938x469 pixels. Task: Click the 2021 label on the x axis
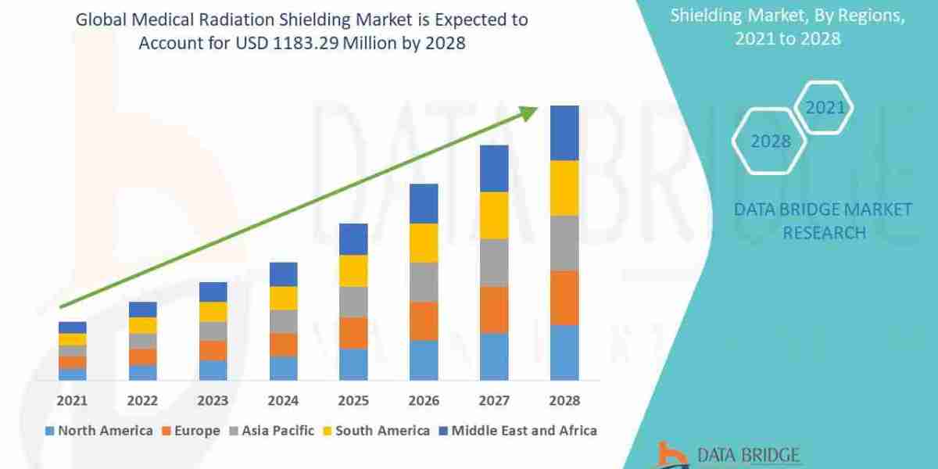(x=72, y=400)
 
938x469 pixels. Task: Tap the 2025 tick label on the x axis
(x=353, y=400)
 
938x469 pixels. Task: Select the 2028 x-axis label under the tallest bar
(x=564, y=400)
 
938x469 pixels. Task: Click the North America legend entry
(x=99, y=430)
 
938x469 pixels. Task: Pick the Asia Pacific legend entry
(x=271, y=430)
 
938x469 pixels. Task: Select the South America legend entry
(x=375, y=430)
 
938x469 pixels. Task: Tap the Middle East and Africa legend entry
(x=517, y=430)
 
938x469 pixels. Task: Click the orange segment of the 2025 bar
(x=353, y=333)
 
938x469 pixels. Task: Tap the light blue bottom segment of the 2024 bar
(x=283, y=368)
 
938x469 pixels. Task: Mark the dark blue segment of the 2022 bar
(x=142, y=310)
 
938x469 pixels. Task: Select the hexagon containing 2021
(x=824, y=107)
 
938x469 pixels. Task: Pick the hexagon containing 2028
(x=770, y=141)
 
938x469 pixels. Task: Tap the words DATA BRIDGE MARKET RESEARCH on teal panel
(x=823, y=220)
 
